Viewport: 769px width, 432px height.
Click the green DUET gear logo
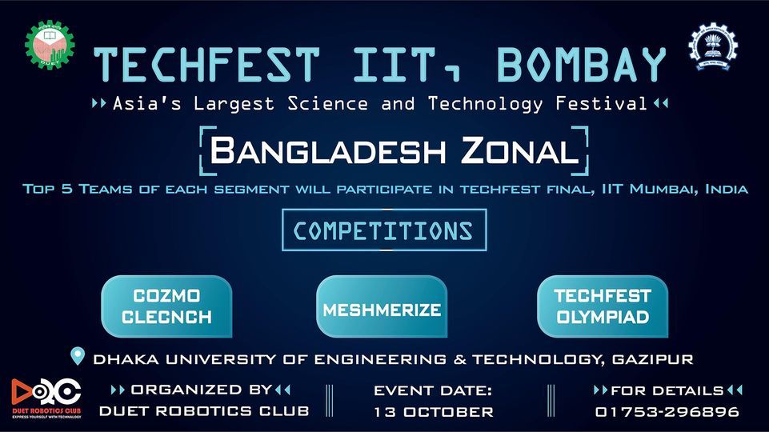49,44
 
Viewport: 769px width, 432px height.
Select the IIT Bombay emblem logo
714,46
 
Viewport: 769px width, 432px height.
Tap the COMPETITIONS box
383,230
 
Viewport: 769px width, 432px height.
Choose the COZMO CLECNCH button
166,306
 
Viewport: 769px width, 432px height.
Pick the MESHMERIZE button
382,309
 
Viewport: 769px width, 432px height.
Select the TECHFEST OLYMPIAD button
603,306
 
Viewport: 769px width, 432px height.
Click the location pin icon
78,356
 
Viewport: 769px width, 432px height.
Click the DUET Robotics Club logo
46,396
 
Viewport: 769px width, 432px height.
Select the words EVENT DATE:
433,390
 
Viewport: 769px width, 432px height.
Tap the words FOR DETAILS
667,390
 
